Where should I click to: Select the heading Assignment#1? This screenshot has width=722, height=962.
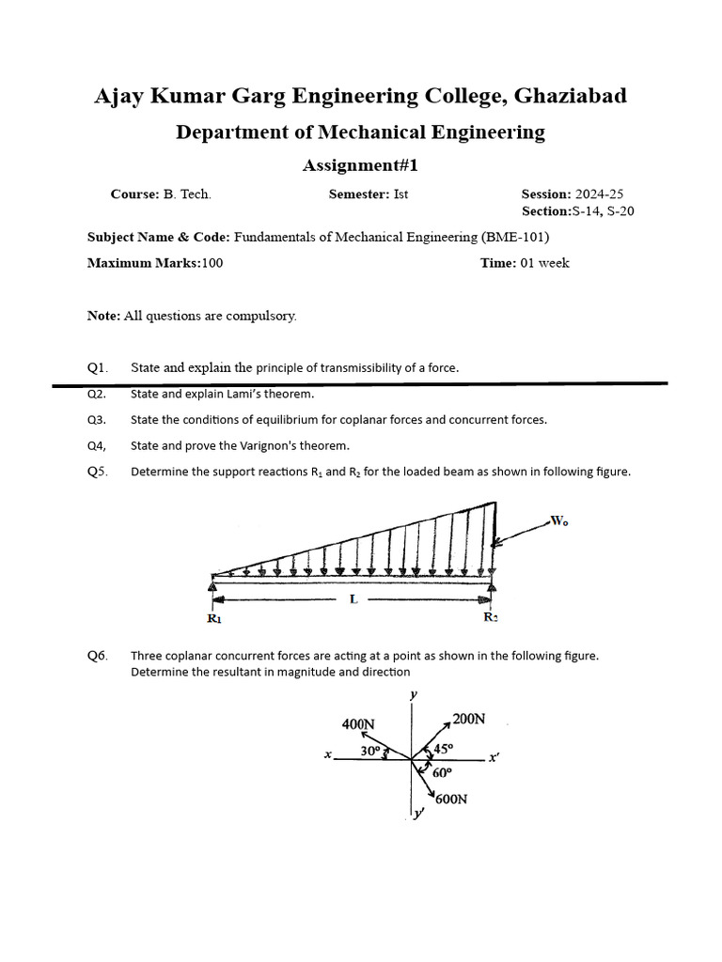[x=359, y=165]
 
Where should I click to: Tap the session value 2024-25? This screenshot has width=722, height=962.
[x=599, y=194]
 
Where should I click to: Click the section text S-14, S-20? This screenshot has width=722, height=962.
[x=604, y=211]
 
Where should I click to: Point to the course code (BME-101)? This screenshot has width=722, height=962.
[x=516, y=238]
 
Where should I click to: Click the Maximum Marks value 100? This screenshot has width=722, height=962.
[x=212, y=263]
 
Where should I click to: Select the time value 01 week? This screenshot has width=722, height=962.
[x=544, y=263]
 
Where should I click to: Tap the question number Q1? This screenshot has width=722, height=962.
[x=98, y=368]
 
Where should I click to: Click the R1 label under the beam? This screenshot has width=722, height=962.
[x=214, y=619]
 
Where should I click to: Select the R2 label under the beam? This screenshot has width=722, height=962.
[x=492, y=618]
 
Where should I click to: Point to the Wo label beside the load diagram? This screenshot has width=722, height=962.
[x=559, y=521]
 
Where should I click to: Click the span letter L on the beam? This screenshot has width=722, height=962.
[x=353, y=599]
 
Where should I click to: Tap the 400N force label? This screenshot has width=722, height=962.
[x=358, y=724]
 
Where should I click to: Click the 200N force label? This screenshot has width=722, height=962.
[x=468, y=720]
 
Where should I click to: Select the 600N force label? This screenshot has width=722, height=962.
[x=451, y=799]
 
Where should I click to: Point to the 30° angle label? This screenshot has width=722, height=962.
[x=370, y=752]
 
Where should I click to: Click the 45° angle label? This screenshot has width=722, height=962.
[x=443, y=749]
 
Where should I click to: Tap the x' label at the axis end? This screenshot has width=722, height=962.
[x=494, y=757]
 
